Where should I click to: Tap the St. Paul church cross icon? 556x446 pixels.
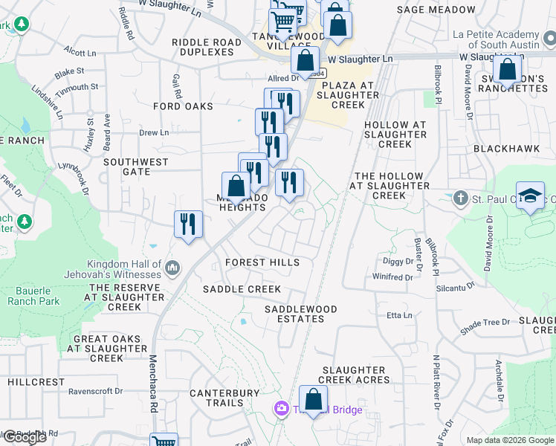tap(461, 198)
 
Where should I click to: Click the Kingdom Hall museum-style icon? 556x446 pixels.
tap(172, 267)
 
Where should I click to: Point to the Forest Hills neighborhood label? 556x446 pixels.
tap(262, 262)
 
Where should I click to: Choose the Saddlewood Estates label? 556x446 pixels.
tap(301, 314)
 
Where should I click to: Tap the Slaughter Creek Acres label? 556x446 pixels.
tap(355, 375)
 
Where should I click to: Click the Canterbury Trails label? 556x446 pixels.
tap(224, 398)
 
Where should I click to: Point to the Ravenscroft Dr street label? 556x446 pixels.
tap(96, 390)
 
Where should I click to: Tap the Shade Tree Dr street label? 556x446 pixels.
tap(485, 322)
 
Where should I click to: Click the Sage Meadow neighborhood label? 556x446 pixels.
tap(436, 10)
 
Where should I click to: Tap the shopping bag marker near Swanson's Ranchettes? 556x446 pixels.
tap(508, 71)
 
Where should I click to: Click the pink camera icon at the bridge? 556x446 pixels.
tap(281, 408)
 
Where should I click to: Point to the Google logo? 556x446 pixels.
tap(24, 436)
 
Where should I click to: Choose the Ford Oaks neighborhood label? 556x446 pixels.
tap(183, 106)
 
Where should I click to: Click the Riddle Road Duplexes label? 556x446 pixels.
tap(207, 47)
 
